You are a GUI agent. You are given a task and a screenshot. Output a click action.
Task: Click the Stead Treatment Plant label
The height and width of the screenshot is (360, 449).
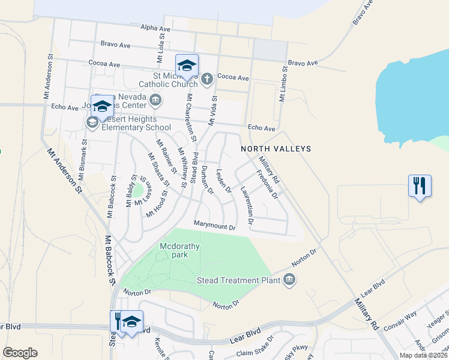click(240, 280)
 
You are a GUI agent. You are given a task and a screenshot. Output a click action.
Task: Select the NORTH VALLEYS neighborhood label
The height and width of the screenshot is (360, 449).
click(276, 148)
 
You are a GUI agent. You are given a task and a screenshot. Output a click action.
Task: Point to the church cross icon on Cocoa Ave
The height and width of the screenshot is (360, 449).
click(206, 78)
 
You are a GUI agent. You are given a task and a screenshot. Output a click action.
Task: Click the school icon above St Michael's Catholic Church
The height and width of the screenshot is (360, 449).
click(187, 65)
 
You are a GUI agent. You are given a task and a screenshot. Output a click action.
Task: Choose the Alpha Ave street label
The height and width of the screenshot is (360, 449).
click(155, 28)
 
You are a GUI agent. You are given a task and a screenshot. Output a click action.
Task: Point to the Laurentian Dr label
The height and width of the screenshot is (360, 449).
click(247, 206)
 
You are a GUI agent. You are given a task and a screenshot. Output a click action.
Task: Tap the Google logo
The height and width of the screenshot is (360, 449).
click(20, 353)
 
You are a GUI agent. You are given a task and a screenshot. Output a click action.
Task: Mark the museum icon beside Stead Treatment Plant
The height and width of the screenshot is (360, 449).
click(289, 280)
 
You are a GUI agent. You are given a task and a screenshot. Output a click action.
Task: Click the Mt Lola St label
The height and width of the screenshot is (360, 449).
click(160, 50)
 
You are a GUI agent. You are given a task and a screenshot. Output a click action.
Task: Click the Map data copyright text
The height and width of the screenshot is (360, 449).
click(422, 355)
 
